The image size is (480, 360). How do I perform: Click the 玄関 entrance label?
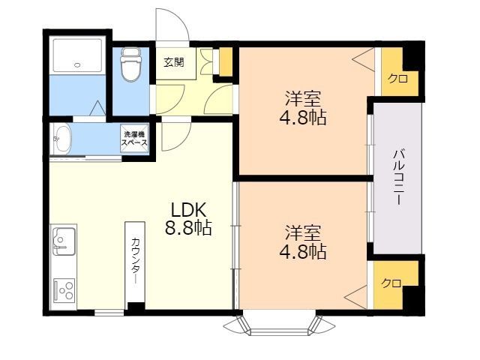point(174,62)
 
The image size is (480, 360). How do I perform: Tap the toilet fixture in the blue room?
point(131,64)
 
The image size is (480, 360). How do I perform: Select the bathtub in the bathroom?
point(77,55)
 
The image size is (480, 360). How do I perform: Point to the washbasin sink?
point(62,139)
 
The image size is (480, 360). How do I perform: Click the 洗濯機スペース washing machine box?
point(135,138)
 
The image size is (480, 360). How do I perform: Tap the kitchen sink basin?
point(64,241)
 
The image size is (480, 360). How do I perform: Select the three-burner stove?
point(64,290)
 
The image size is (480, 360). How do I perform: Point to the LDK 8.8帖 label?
point(188,218)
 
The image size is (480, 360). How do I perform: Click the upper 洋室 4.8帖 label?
point(303,108)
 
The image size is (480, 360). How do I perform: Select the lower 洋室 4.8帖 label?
point(303,241)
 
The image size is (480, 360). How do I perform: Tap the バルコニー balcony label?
point(398,177)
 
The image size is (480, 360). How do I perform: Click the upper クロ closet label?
point(397,79)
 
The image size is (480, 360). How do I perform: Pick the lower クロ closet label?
point(391,283)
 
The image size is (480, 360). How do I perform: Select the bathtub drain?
point(78,65)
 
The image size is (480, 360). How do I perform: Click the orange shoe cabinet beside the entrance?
point(225,61)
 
